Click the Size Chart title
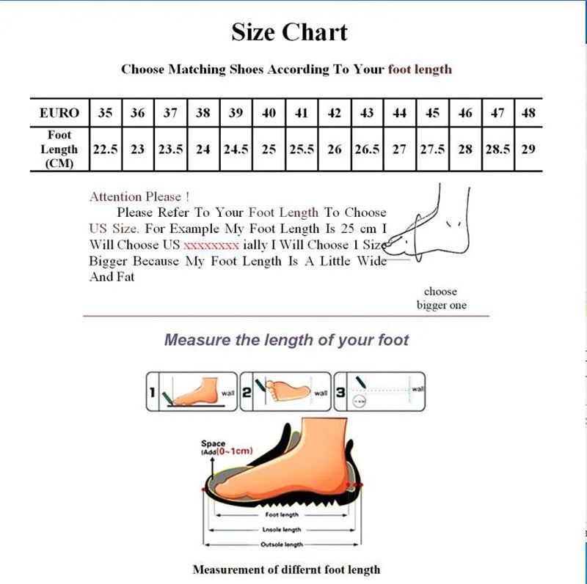tap(289, 32)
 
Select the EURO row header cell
tap(59, 113)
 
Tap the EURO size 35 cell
tap(106, 113)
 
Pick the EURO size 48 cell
tap(528, 113)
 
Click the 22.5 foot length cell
tap(106, 149)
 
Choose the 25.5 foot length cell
tap(302, 149)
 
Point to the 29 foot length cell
tap(528, 149)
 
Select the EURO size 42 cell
tap(334, 113)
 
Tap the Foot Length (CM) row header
tap(59, 149)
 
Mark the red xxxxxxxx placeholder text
tap(211, 245)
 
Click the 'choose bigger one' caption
tap(441, 298)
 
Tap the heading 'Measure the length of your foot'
tap(286, 340)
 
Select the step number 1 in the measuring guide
tap(153, 393)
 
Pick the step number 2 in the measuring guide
tap(247, 393)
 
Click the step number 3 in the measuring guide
tap(340, 393)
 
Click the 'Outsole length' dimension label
tap(282, 544)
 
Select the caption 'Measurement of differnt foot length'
tap(286, 569)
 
